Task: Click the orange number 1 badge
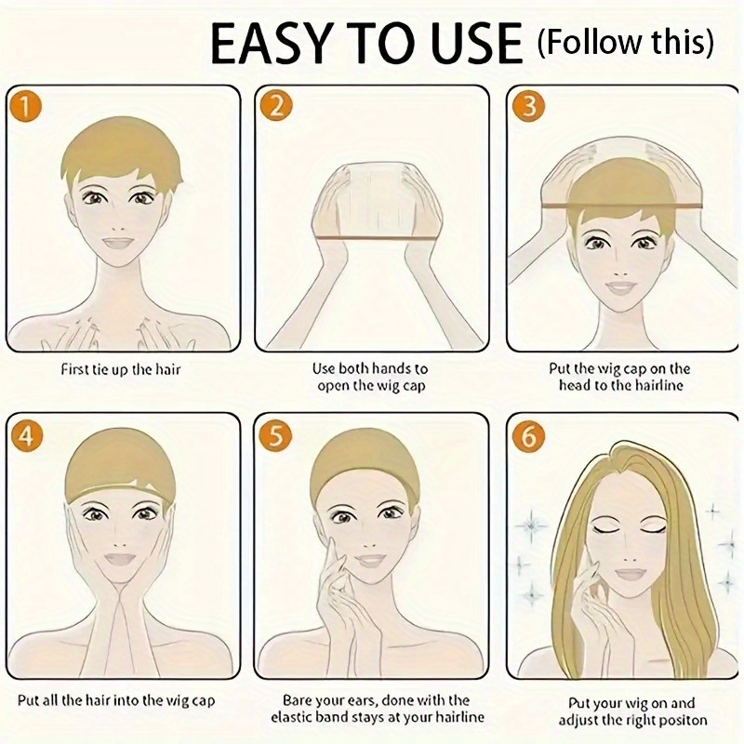tap(25, 106)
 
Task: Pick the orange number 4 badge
tap(27, 435)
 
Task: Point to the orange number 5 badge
tap(276, 435)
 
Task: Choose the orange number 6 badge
tap(528, 435)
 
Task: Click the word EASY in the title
tap(271, 44)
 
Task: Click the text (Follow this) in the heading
tap(625, 42)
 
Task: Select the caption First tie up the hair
tap(121, 369)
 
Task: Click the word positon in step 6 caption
tap(681, 720)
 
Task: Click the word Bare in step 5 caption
tap(297, 700)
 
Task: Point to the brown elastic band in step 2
tap(378, 239)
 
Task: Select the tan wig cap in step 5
tap(365, 462)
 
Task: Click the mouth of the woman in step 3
tap(619, 287)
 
